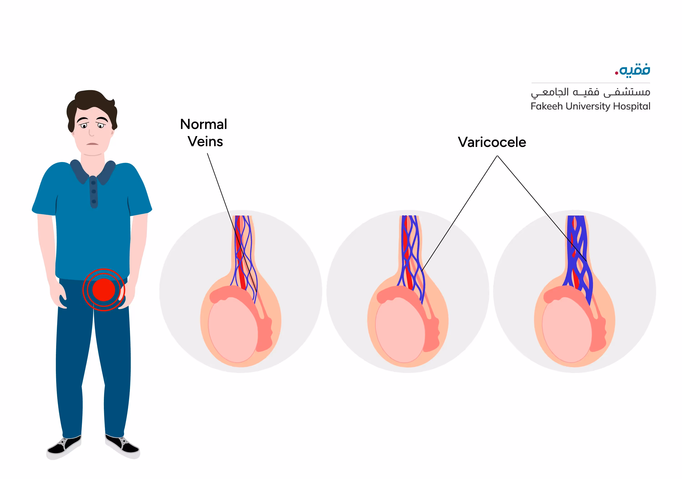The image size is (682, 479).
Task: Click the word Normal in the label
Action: click(x=203, y=124)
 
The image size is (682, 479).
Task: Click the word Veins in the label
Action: click(x=205, y=142)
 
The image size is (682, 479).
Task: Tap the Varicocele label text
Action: click(x=492, y=142)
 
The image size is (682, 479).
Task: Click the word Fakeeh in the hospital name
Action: click(x=547, y=106)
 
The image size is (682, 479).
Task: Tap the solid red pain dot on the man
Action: click(x=104, y=290)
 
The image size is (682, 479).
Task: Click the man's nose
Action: click(x=91, y=132)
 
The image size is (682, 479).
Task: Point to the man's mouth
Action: click(x=92, y=144)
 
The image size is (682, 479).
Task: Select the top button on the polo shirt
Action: click(x=93, y=182)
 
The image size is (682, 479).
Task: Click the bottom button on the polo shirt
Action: click(x=94, y=202)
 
